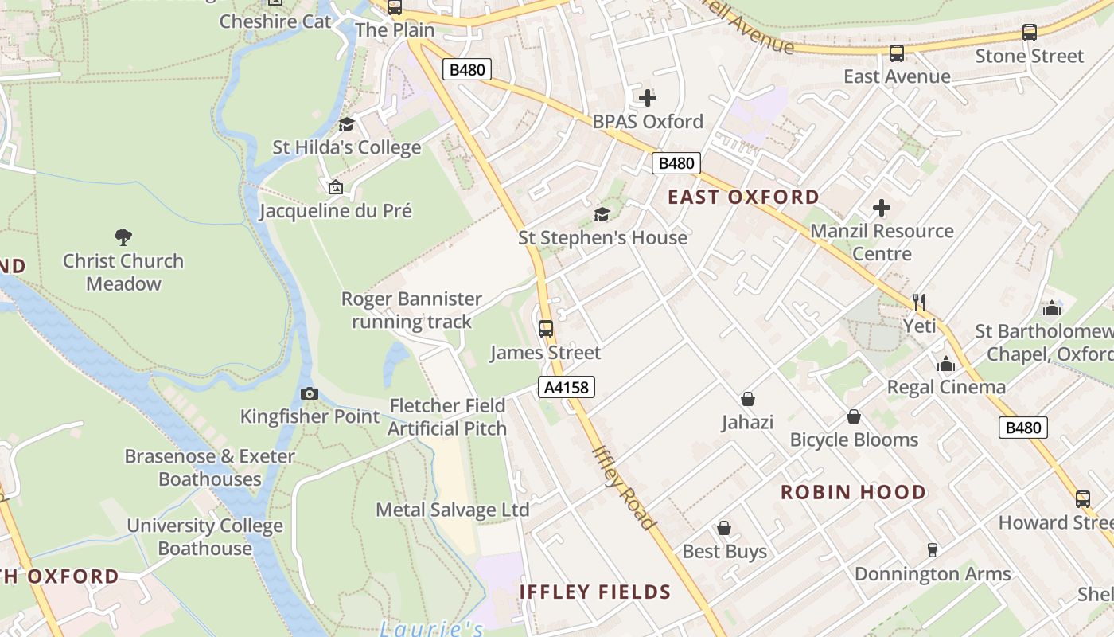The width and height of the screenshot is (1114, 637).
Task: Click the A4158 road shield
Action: click(567, 388)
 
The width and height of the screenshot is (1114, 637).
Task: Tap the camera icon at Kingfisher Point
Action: click(310, 393)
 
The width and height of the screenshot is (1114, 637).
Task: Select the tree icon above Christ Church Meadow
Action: click(123, 236)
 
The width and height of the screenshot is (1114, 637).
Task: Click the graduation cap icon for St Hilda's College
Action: click(346, 124)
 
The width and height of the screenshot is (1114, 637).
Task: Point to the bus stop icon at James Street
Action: click(546, 328)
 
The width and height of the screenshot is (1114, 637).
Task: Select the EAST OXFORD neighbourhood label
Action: click(743, 197)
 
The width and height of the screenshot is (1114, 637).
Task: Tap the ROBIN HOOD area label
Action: click(853, 492)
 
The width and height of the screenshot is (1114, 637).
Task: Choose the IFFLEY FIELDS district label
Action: click(595, 592)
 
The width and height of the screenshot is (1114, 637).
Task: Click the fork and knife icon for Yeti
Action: click(919, 302)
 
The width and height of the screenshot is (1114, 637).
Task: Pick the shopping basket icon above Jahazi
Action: click(747, 398)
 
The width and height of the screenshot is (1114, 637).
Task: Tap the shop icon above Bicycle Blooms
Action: click(854, 416)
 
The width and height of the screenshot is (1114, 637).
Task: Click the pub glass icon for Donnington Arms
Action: click(932, 549)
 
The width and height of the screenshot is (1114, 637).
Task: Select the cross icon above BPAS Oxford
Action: click(648, 98)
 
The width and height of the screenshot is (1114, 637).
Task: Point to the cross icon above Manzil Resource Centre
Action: click(882, 208)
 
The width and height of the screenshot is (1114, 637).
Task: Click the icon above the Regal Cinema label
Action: click(946, 364)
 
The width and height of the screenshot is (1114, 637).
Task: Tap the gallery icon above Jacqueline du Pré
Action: click(336, 187)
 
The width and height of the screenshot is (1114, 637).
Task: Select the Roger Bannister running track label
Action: click(411, 311)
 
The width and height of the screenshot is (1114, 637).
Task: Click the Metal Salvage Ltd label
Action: click(452, 510)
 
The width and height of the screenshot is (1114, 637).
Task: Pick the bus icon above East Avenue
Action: click(897, 53)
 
